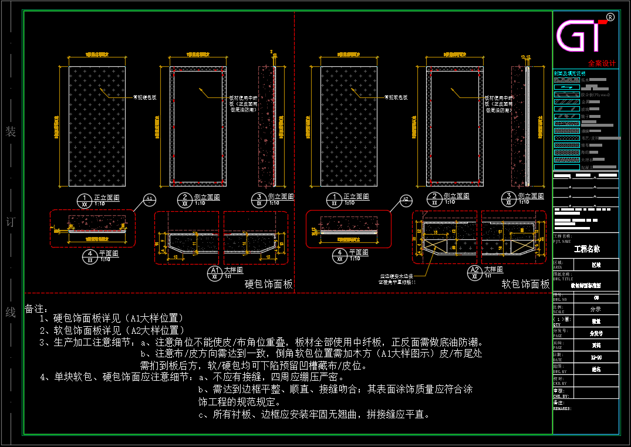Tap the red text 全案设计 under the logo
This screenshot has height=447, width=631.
602,63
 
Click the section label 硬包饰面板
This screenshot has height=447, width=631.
268,285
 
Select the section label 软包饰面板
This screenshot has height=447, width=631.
525,285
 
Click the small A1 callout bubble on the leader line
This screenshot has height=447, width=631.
150,200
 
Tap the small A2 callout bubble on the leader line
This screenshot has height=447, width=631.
406,200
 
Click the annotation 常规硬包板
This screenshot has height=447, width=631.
144,97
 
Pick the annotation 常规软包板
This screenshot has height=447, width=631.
396,97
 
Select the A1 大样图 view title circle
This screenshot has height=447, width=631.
215,273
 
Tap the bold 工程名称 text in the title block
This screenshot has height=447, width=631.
587,249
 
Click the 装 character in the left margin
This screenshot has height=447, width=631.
11,131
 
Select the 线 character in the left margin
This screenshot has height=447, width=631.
11,312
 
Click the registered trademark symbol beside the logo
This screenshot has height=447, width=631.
610,17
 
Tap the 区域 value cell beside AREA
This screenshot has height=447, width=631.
595,265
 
